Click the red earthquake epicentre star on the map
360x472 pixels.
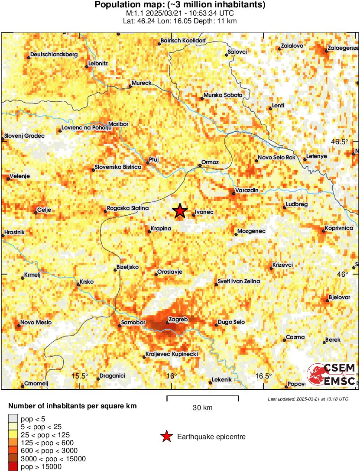(x=180, y=211)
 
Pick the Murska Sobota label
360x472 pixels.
(x=223, y=95)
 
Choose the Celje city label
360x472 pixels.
(x=45, y=210)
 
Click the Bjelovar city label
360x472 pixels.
(x=339, y=297)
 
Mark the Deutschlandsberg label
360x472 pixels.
(x=53, y=55)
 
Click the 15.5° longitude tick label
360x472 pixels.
(x=80, y=376)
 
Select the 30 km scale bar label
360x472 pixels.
(x=203, y=407)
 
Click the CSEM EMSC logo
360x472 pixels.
(x=331, y=375)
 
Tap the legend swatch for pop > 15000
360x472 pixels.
(x=14, y=466)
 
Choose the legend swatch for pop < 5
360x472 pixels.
(x=14, y=418)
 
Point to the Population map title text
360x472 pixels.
(x=180, y=5)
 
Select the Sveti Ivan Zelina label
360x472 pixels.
(x=239, y=281)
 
